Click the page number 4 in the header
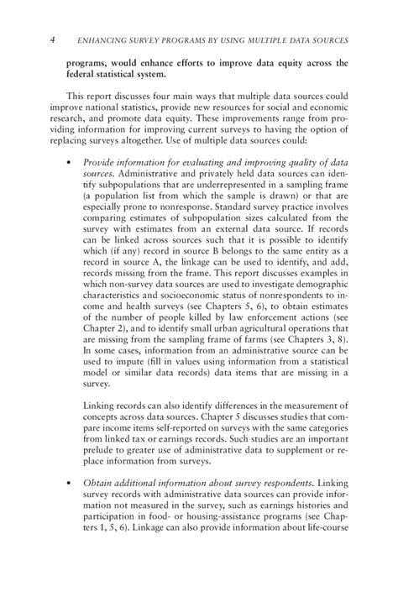(x=53, y=40)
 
